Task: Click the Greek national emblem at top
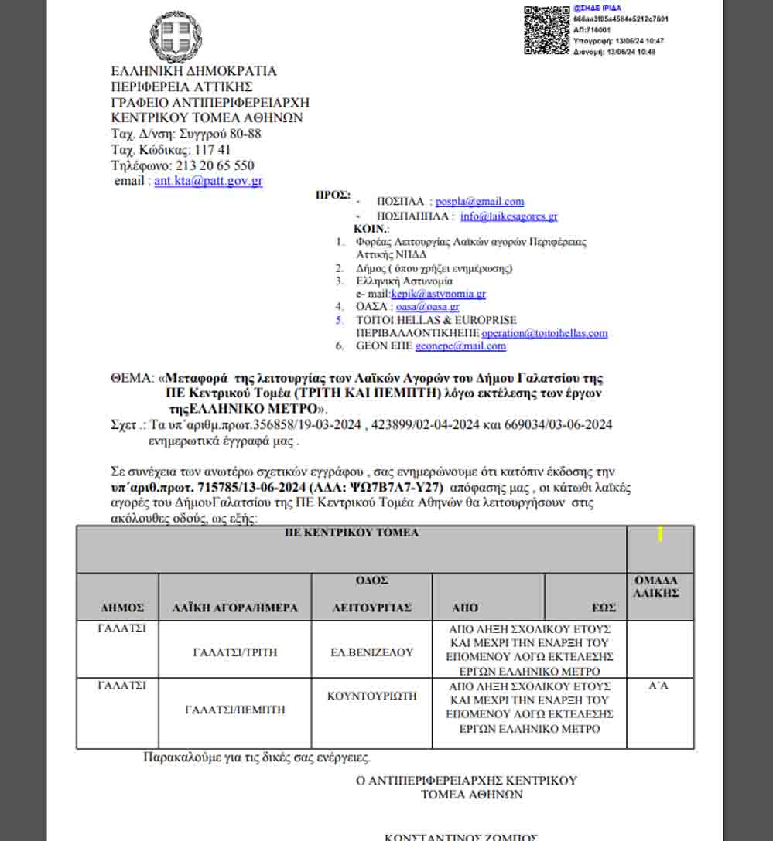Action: [176, 36]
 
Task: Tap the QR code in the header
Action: [546, 30]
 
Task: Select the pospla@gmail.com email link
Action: [479, 201]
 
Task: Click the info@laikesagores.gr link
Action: [508, 216]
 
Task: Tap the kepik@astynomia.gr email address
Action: [438, 294]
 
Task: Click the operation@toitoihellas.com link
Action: [544, 333]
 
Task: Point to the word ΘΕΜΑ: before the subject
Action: [132, 379]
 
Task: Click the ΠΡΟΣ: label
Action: [333, 195]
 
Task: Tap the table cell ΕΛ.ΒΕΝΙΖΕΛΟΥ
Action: [371, 652]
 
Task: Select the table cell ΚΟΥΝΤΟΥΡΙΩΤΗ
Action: [372, 696]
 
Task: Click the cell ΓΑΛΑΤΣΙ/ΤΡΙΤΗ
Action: [234, 652]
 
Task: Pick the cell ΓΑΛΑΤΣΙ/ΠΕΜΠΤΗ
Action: [235, 709]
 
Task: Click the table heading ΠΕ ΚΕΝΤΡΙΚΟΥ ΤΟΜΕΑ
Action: [351, 533]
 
